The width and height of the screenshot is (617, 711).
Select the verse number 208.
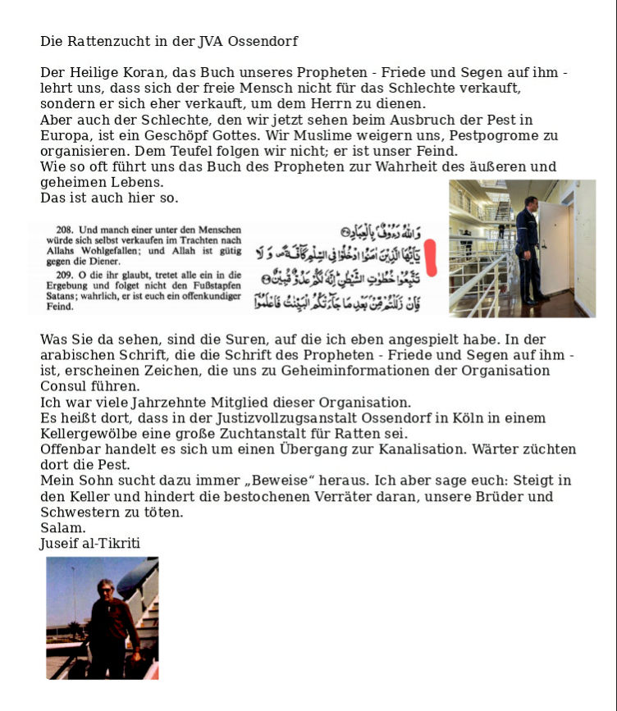(x=63, y=230)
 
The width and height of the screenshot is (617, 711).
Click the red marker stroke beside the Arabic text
(x=434, y=256)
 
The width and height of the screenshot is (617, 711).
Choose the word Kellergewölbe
(x=90, y=434)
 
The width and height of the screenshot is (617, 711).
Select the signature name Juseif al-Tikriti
(x=90, y=543)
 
